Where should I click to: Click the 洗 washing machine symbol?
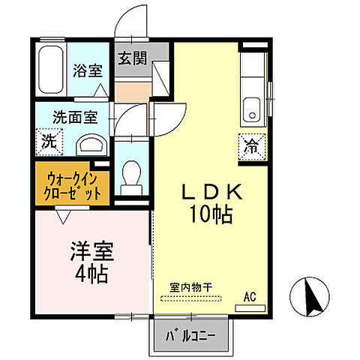47,141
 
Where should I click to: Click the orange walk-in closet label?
73,184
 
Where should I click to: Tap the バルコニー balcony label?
191,334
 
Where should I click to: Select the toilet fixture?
131,174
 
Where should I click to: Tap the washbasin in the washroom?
91,142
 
